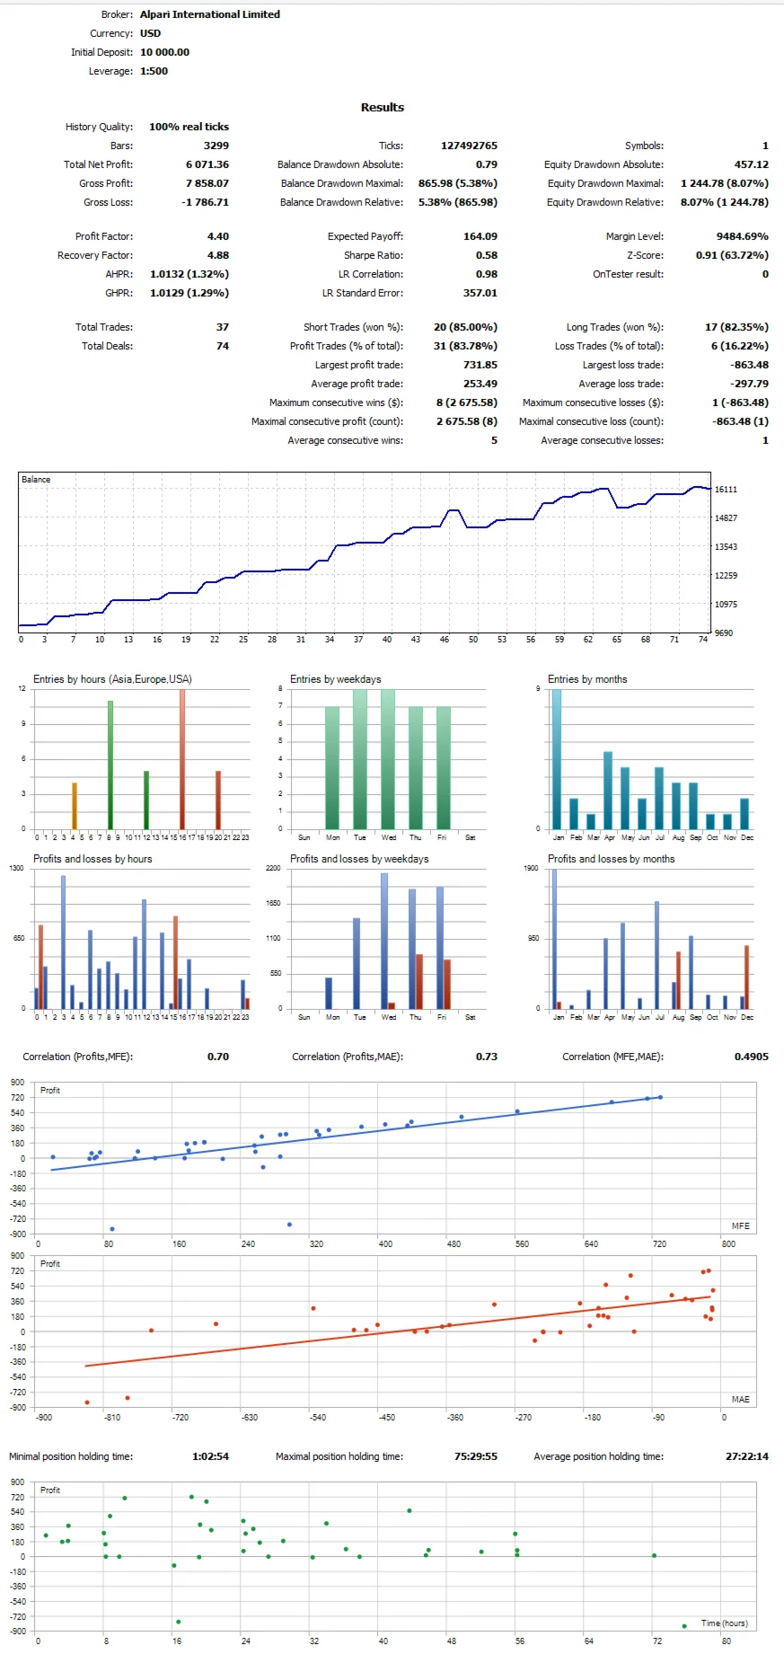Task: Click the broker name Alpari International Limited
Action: pyautogui.click(x=209, y=14)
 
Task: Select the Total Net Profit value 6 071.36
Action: pyautogui.click(x=207, y=164)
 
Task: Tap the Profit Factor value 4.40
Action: pyautogui.click(x=217, y=236)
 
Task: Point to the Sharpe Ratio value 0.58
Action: pyautogui.click(x=486, y=255)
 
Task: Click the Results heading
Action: pyautogui.click(x=382, y=107)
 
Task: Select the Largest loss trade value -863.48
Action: pyautogui.click(x=749, y=365)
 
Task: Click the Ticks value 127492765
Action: pyautogui.click(x=469, y=146)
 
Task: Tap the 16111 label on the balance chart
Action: pyautogui.click(x=726, y=490)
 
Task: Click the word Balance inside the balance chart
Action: pyautogui.click(x=36, y=480)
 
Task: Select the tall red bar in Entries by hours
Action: pyautogui.click(x=182, y=759)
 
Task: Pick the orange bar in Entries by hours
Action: pyautogui.click(x=75, y=806)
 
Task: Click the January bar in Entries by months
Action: pyautogui.click(x=557, y=759)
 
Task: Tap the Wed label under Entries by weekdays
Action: pyautogui.click(x=388, y=837)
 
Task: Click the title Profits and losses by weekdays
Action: pyautogui.click(x=358, y=859)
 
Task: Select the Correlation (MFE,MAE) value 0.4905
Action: pyautogui.click(x=751, y=1057)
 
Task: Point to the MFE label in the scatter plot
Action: pyautogui.click(x=740, y=1225)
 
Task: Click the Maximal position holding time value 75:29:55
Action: pyautogui.click(x=475, y=1456)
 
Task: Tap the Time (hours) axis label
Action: pyautogui.click(x=724, y=1623)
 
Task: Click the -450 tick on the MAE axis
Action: pyautogui.click(x=386, y=1417)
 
